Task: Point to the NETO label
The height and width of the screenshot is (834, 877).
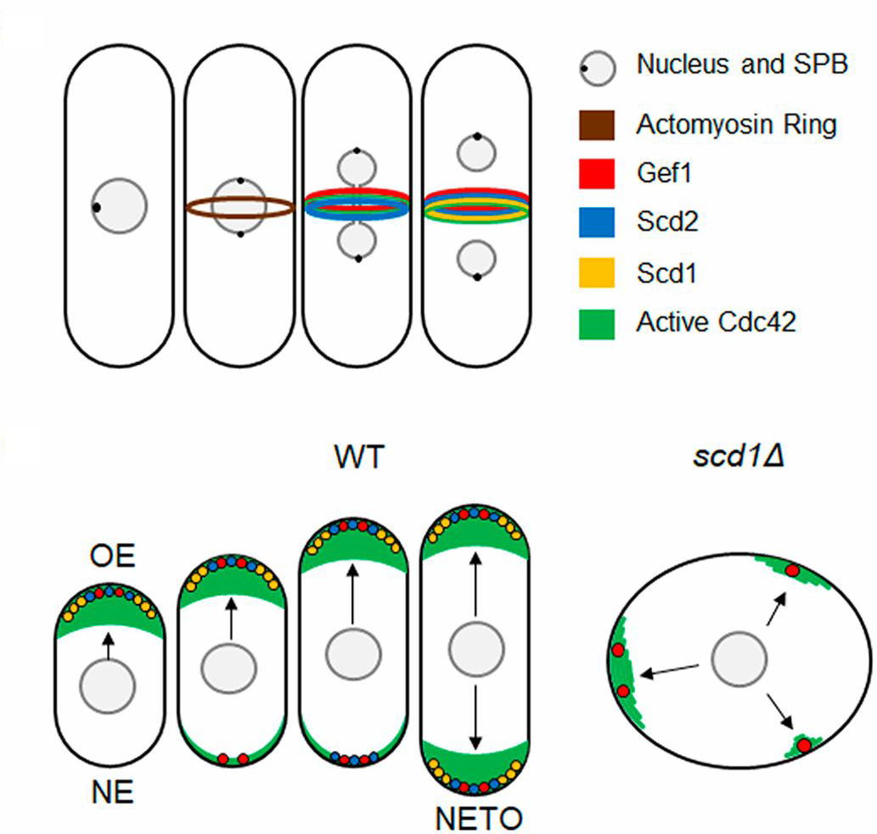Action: (x=478, y=818)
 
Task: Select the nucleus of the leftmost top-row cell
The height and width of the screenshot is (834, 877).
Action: (x=120, y=205)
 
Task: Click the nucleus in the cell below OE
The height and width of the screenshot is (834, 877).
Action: (x=108, y=685)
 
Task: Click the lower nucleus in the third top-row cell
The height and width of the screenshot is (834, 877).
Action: (x=358, y=242)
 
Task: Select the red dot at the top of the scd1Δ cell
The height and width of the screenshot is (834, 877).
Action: (x=791, y=571)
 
